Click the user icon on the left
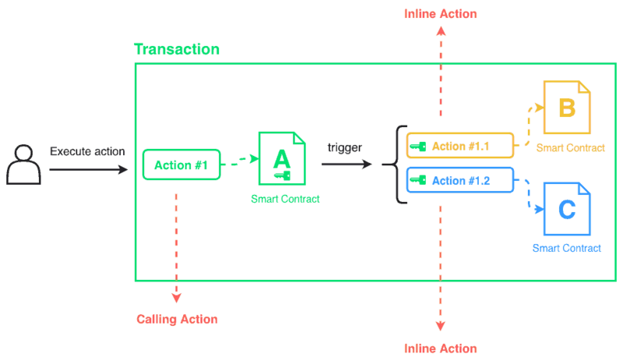[x=23, y=165]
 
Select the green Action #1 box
[x=181, y=165]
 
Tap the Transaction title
[x=177, y=49]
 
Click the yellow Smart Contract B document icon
[x=567, y=108]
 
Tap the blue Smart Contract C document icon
[x=567, y=210]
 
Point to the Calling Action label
[x=177, y=319]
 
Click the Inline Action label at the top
[x=440, y=14]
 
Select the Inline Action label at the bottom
[x=440, y=348]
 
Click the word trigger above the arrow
[x=344, y=147]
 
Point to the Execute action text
[x=87, y=151]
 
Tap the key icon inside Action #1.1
[x=418, y=146]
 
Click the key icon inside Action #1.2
[x=418, y=181]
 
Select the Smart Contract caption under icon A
[x=285, y=199]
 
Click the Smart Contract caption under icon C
[x=567, y=248]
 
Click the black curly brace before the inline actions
[x=397, y=164]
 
